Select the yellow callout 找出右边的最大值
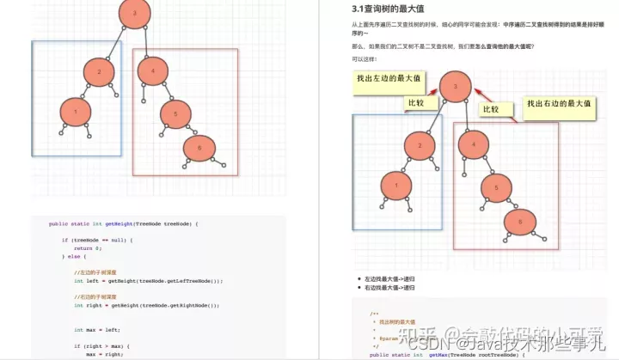pos(559,105)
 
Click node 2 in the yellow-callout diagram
pos(420,146)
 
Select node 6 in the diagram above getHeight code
pos(199,148)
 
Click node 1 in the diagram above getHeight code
pos(76,111)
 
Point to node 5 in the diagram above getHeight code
pos(175,112)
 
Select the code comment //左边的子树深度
pos(96,272)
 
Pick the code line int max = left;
pos(90,329)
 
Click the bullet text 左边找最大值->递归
pos(389,279)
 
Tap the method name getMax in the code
pos(437,354)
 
